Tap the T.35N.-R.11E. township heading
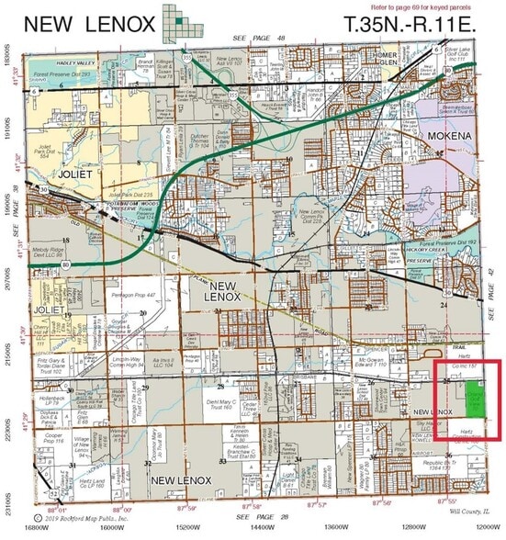[410, 24]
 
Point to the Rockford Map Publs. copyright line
[95, 516]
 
